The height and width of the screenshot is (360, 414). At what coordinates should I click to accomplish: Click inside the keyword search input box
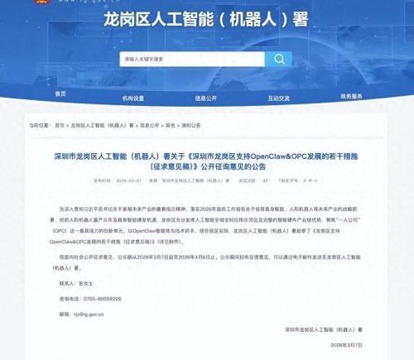coord(190,60)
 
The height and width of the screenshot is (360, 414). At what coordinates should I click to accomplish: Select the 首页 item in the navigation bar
coord(60,96)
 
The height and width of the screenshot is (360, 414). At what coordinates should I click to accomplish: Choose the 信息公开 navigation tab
coord(207,96)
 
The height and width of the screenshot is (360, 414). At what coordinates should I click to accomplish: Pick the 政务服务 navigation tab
coord(351,96)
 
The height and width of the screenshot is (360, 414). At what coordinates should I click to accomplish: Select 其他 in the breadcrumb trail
coord(169,125)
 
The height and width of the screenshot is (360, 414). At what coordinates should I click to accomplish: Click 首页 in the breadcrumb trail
coord(60,125)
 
